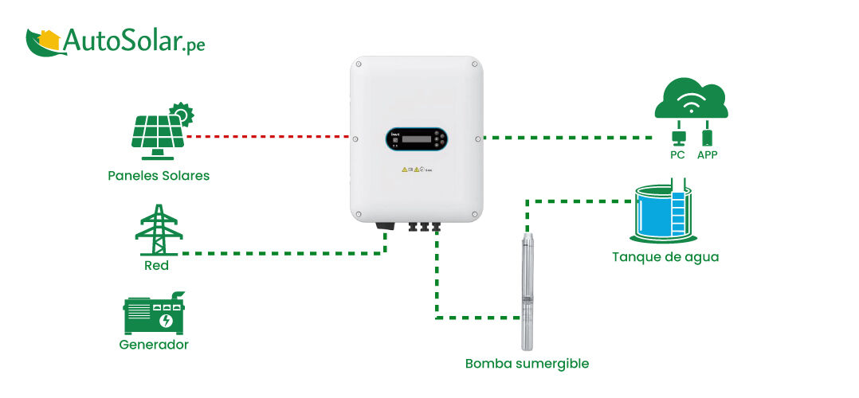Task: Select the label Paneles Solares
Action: point(159,175)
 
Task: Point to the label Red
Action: point(156,265)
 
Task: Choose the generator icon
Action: point(154,314)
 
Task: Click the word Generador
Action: point(154,345)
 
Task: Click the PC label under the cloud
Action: point(677,154)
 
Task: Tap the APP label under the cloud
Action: point(707,154)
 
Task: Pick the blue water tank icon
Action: point(663,213)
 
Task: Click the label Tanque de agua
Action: point(665,257)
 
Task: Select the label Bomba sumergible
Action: point(527,364)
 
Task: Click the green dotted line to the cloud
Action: point(566,138)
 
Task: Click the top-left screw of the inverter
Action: point(359,64)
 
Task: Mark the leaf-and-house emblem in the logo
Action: point(43,42)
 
